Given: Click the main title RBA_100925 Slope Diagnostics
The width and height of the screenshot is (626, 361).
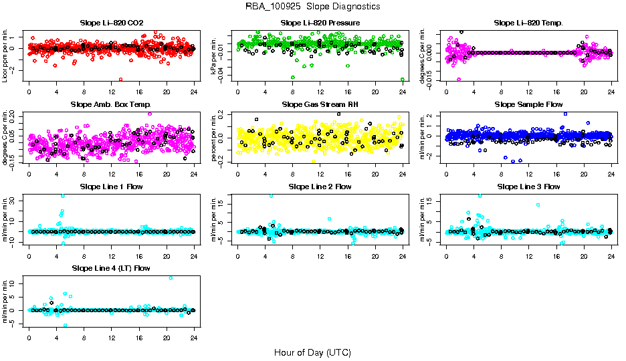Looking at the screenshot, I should tap(312, 7).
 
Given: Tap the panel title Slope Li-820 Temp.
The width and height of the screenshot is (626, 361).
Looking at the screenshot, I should tap(528, 23).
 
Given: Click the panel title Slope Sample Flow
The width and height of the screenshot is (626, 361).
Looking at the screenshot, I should tap(528, 104).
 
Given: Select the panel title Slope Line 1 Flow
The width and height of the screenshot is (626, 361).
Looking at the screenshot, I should tap(111, 187).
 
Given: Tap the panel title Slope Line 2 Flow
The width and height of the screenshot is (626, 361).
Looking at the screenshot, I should tap(320, 187).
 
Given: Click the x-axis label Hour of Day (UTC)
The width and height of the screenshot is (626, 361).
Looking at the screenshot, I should tap(312, 352).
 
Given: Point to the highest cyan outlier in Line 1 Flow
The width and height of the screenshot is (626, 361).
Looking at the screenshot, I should tap(63, 196).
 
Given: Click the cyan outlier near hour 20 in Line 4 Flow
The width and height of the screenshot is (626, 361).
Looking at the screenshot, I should tap(171, 277).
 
